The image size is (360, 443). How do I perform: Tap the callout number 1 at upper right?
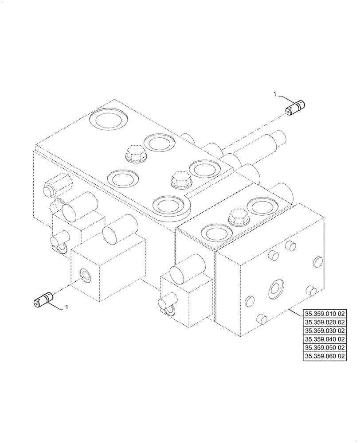pyautogui.click(x=275, y=94)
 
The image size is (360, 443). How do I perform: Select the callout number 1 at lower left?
pyautogui.click(x=67, y=307)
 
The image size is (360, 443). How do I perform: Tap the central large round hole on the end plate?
pyautogui.click(x=277, y=289)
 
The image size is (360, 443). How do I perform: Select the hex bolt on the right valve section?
pyautogui.click(x=237, y=217)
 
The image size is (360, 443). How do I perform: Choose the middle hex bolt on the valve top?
pyautogui.click(x=181, y=179)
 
